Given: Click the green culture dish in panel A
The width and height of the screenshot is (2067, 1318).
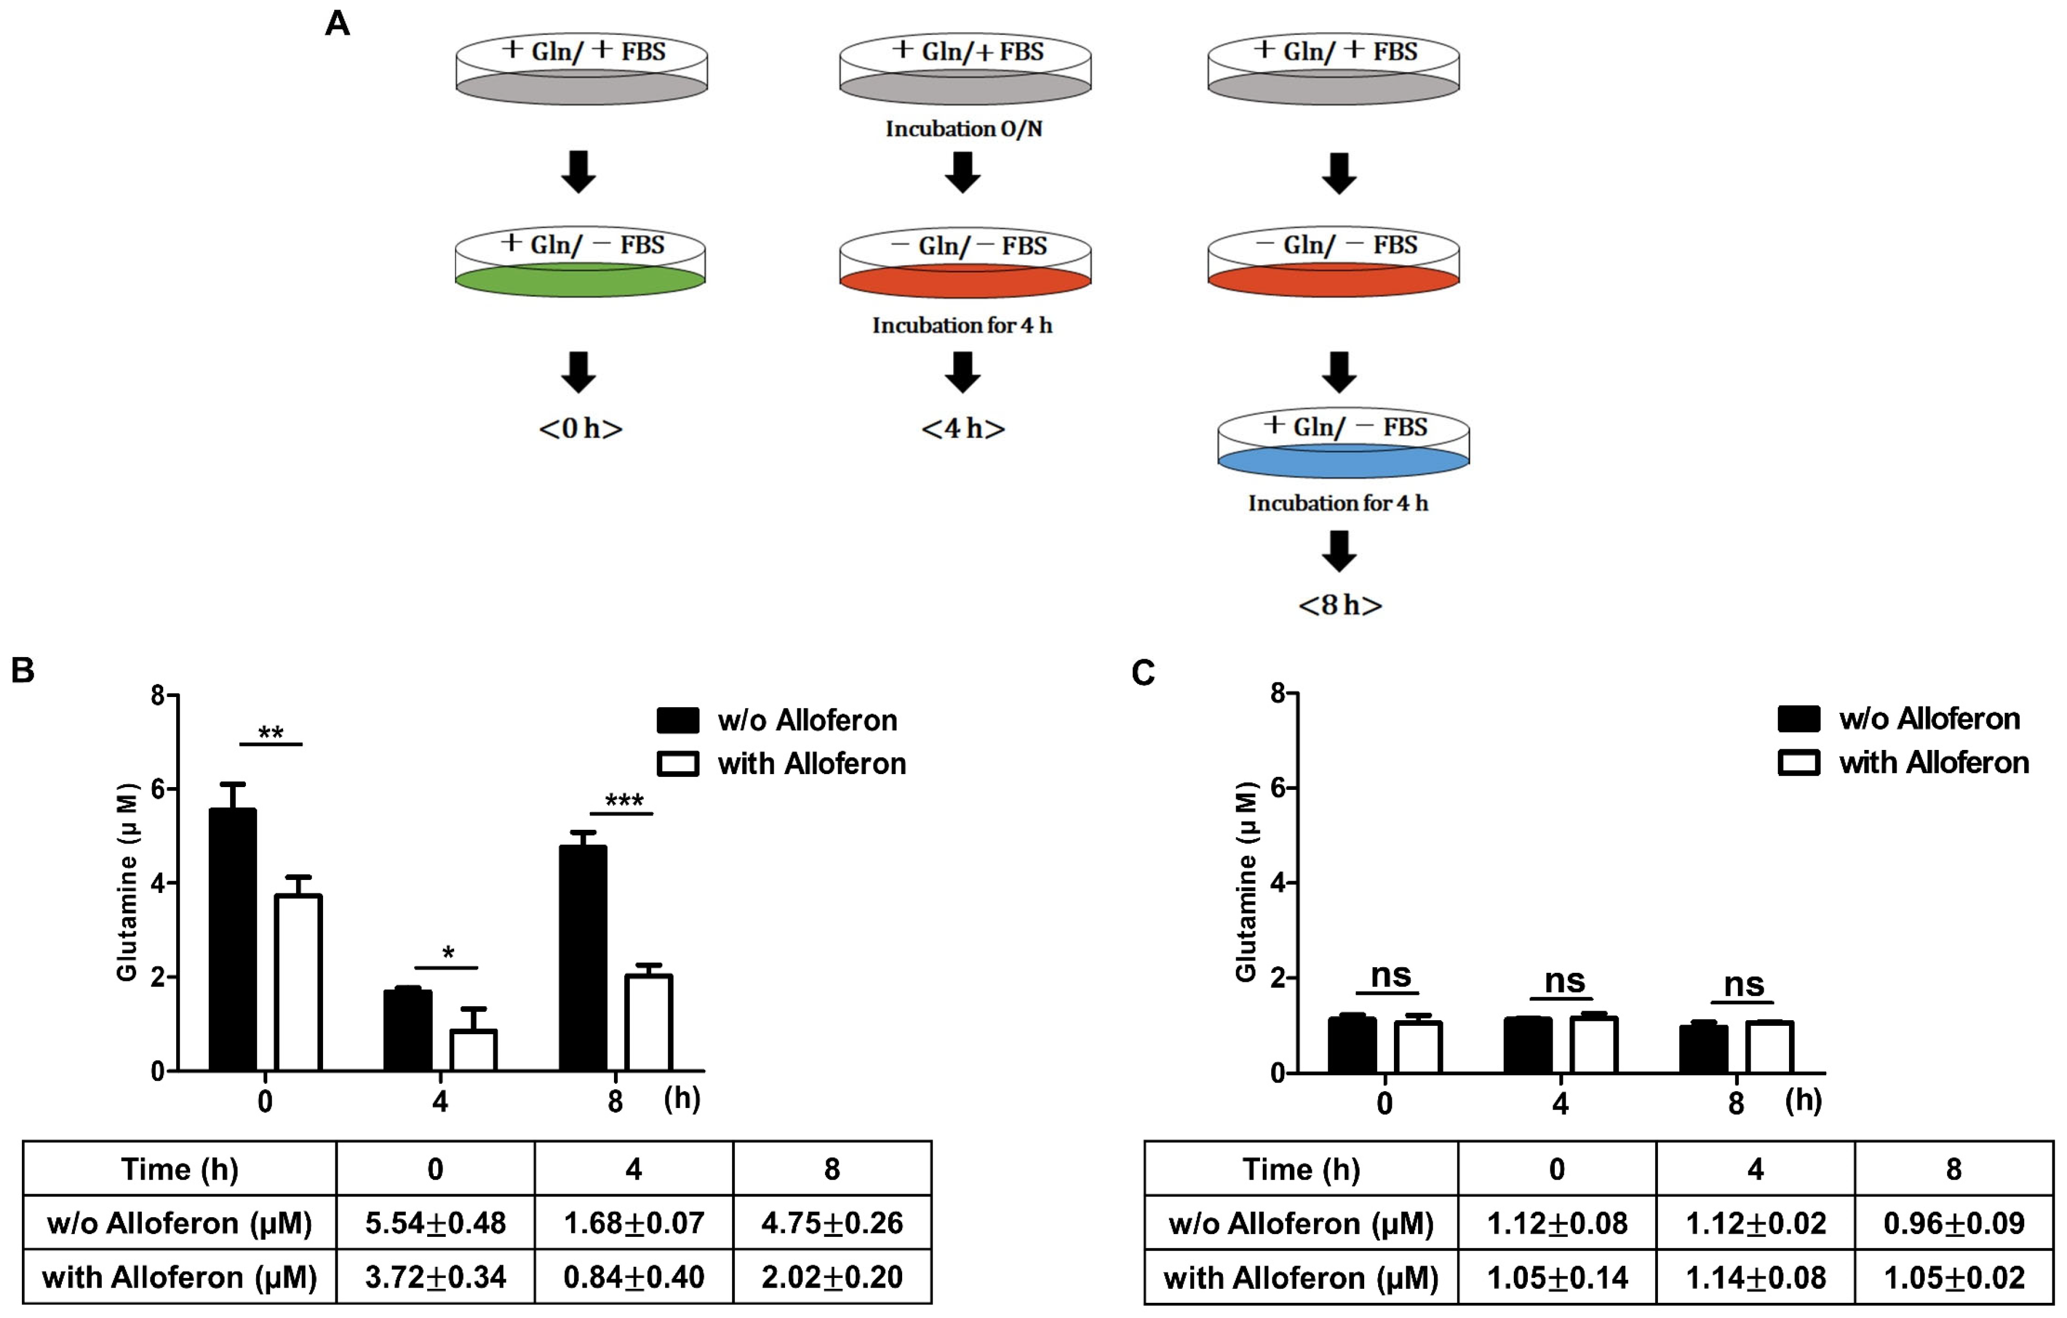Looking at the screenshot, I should (580, 280).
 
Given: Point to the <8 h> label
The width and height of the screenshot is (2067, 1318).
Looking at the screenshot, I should (1340, 605).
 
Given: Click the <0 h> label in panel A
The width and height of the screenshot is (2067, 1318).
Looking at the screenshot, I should (580, 427).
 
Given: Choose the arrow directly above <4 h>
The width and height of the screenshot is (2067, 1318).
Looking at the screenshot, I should (962, 372).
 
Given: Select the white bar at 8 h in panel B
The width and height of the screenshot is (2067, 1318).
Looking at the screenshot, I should (648, 1022).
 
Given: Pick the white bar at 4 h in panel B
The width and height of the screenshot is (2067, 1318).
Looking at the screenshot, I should (473, 1049).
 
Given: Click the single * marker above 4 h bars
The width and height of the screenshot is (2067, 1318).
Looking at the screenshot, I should (447, 953).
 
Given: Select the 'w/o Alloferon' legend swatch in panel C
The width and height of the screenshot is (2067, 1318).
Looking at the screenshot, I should (1799, 718).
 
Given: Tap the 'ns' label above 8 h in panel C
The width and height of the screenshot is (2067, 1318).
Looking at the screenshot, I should (1743, 984).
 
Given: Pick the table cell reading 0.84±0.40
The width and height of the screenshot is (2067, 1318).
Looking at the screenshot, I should (634, 1277).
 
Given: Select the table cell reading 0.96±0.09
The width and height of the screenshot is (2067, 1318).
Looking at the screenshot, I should (1954, 1223).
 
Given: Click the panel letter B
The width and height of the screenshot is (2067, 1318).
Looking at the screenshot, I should (23, 671).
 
